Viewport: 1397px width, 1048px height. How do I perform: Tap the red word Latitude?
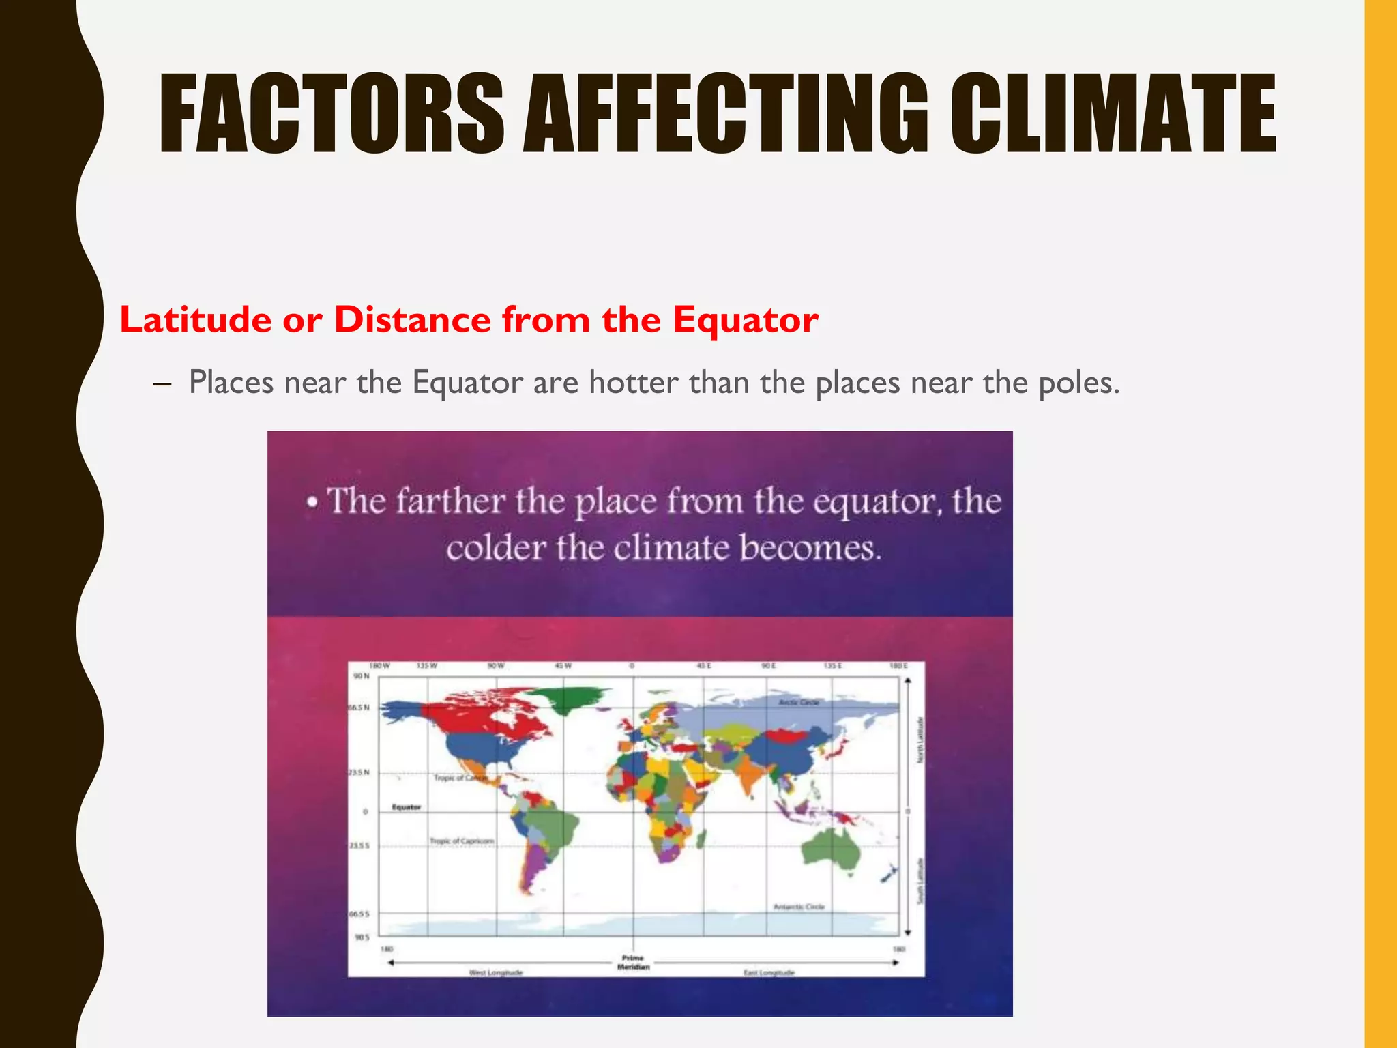tap(196, 320)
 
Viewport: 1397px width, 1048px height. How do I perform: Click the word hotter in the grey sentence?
tap(633, 383)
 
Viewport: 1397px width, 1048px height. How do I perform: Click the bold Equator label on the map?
tap(406, 807)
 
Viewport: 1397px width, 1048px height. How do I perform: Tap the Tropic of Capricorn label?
tap(462, 841)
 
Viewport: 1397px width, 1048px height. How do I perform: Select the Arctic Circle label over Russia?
tap(799, 702)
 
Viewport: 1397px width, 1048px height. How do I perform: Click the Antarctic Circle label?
tap(799, 907)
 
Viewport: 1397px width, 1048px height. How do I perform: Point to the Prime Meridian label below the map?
tap(633, 962)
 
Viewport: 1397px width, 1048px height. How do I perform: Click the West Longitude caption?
tap(496, 972)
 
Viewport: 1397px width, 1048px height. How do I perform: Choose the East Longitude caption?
tap(769, 972)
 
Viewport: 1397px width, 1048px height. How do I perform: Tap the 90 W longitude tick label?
tap(496, 666)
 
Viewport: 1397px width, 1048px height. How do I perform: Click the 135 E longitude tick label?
tap(833, 666)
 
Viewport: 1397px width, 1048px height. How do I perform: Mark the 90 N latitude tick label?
tap(361, 676)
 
